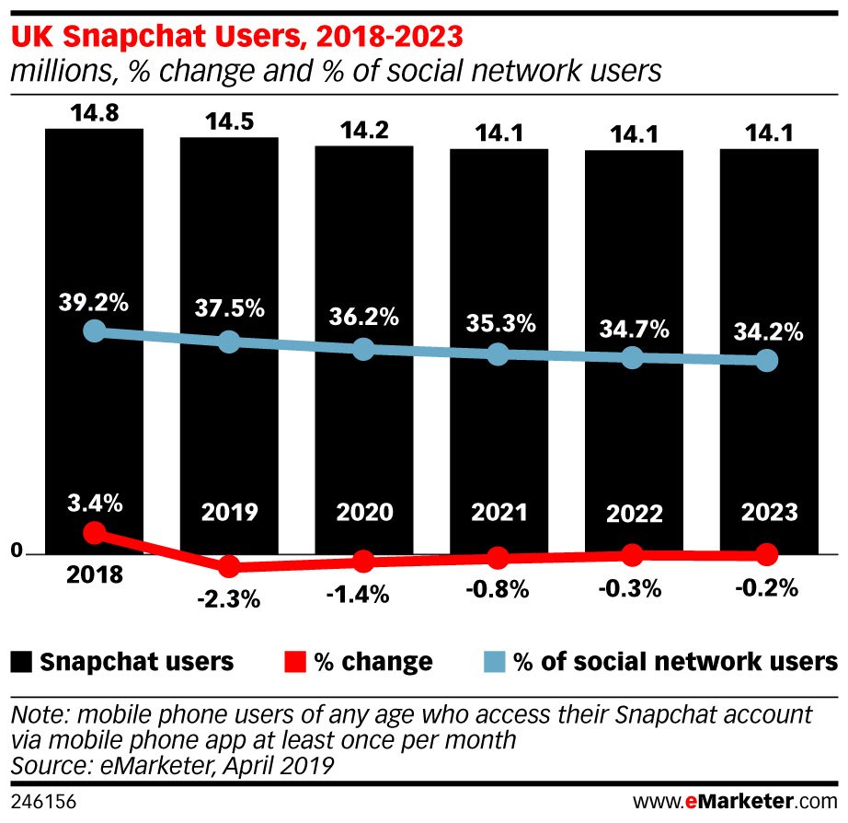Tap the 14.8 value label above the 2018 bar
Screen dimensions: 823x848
tap(94, 115)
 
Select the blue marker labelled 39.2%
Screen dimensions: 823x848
tap(94, 331)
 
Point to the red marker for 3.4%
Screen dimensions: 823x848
tap(94, 532)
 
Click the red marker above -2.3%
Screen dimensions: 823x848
tap(229, 565)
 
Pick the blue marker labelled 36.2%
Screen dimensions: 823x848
tap(363, 349)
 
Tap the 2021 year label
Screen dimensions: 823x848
tap(498, 511)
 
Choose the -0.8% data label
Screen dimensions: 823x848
tap(498, 589)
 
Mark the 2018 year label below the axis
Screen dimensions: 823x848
tap(94, 576)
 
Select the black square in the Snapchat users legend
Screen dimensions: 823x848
tap(22, 661)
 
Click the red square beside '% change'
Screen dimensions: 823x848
tap(294, 661)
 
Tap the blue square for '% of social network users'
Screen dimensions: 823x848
tap(496, 661)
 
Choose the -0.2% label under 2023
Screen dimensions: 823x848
tap(767, 588)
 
